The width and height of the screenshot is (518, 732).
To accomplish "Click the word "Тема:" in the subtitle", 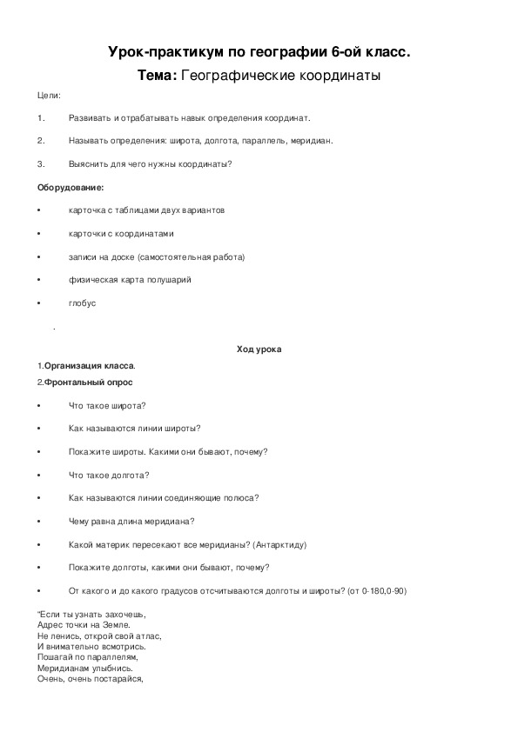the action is click(157, 76).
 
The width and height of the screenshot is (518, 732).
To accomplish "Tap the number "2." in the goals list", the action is click(41, 140).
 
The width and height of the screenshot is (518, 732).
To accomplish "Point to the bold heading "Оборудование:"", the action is click(71, 187).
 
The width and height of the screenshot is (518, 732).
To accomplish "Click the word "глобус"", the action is click(82, 303).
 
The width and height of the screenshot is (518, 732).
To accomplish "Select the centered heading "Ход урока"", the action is click(259, 349).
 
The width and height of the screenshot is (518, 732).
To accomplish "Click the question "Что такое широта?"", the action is click(106, 405).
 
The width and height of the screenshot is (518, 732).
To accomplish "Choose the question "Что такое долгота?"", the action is click(108, 475).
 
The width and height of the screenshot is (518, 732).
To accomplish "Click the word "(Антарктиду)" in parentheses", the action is click(279, 544).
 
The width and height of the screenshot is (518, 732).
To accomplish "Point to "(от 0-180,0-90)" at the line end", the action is click(377, 591).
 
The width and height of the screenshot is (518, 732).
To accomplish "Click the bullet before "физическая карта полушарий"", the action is click(40, 280).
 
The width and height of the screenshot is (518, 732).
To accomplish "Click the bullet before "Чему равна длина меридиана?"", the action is click(40, 522).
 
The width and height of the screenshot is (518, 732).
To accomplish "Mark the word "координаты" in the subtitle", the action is click(339, 76).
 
